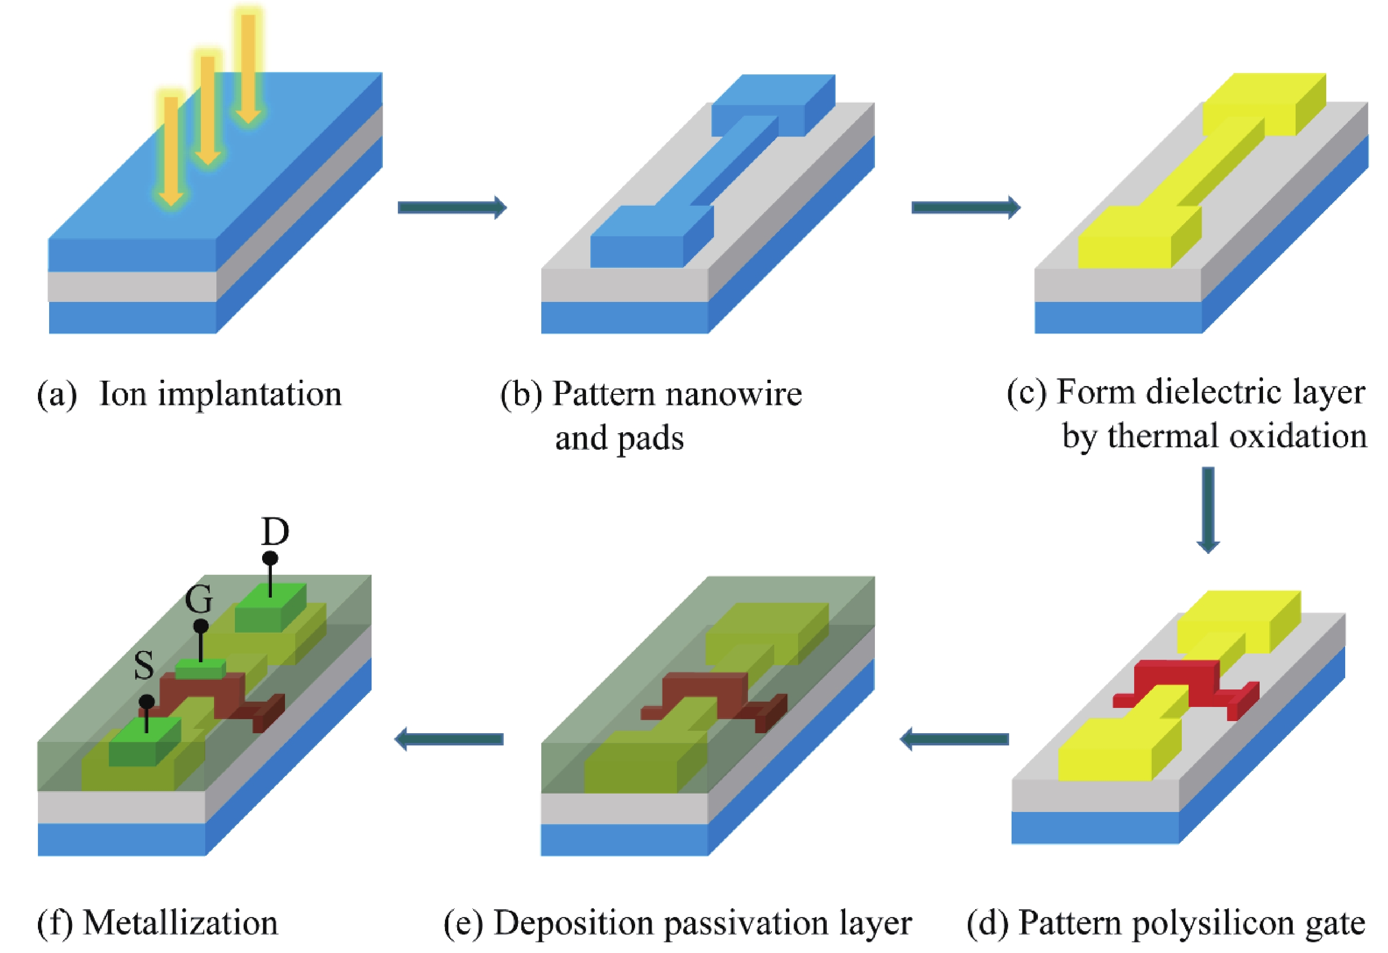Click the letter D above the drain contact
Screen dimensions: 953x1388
(x=275, y=531)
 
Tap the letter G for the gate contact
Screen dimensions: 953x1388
(x=199, y=599)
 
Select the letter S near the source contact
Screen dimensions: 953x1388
(x=144, y=665)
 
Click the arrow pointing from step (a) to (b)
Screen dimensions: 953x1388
(x=452, y=207)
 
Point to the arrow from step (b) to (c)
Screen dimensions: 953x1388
(x=965, y=207)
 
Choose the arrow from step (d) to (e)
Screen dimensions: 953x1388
(x=954, y=739)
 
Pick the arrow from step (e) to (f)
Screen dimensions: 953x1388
(x=449, y=739)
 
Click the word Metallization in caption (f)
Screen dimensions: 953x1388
(x=180, y=922)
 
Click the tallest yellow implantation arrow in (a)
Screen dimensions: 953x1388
(x=248, y=66)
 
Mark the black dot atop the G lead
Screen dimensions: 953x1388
(x=201, y=626)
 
